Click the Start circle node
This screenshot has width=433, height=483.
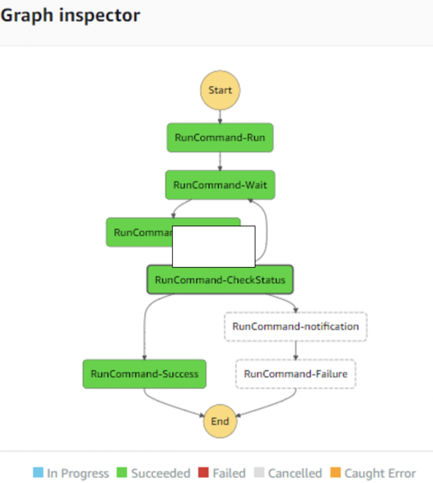pyautogui.click(x=220, y=91)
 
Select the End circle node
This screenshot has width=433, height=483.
pyautogui.click(x=220, y=421)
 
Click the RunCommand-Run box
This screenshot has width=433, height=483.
pyautogui.click(x=220, y=138)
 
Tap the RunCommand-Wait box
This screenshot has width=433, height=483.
pyautogui.click(x=220, y=185)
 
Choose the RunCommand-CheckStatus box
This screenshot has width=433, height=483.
pyautogui.click(x=220, y=280)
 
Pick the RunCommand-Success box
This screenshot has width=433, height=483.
pyautogui.click(x=144, y=374)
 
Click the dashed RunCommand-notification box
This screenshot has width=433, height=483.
pyautogui.click(x=295, y=326)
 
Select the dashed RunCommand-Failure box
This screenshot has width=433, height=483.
pyautogui.click(x=295, y=374)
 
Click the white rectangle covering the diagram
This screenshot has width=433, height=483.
pyautogui.click(x=214, y=247)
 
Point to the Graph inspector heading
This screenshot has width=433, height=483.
pyautogui.click(x=70, y=15)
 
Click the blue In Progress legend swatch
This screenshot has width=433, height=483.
pyautogui.click(x=38, y=473)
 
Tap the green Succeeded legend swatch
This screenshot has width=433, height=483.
pyautogui.click(x=122, y=473)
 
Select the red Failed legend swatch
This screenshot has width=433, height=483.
pyautogui.click(x=203, y=473)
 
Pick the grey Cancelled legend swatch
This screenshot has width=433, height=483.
pyautogui.click(x=259, y=473)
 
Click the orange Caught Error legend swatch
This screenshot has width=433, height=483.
pyautogui.click(x=335, y=473)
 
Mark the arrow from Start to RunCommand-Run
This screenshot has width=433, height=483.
pyautogui.click(x=220, y=117)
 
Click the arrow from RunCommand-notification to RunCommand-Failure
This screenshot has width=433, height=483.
pyautogui.click(x=296, y=350)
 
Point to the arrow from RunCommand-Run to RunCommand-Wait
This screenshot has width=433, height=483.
pyautogui.click(x=220, y=161)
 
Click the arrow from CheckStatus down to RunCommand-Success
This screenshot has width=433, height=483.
pyautogui.click(x=144, y=330)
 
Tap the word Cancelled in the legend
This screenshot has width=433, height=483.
pyautogui.click(x=295, y=473)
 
